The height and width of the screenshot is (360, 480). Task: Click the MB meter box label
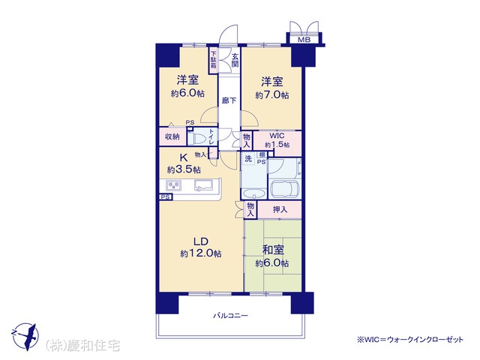click(304, 40)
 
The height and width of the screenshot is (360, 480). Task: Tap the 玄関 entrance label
click(235, 61)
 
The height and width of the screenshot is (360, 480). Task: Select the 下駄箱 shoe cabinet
click(213, 60)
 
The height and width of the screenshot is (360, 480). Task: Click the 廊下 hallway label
click(229, 100)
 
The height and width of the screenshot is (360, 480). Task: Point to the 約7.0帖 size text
click(271, 95)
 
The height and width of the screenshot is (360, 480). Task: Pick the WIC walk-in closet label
click(277, 136)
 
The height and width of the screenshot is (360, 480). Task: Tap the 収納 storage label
click(172, 136)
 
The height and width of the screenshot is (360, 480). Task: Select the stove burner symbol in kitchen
click(173, 185)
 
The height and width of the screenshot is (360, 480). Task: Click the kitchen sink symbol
click(203, 185)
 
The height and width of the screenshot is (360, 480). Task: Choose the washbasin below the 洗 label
click(253, 194)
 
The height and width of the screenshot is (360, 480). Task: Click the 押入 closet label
click(280, 210)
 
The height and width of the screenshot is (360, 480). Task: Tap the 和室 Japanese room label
click(273, 250)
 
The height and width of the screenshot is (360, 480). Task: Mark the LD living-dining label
click(200, 241)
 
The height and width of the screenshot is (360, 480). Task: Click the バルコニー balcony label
click(230, 315)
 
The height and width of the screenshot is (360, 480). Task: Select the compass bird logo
click(26, 337)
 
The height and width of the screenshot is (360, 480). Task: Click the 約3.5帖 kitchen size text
click(184, 169)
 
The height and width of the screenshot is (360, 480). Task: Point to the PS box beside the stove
click(166, 197)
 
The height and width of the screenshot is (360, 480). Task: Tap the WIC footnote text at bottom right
click(410, 340)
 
